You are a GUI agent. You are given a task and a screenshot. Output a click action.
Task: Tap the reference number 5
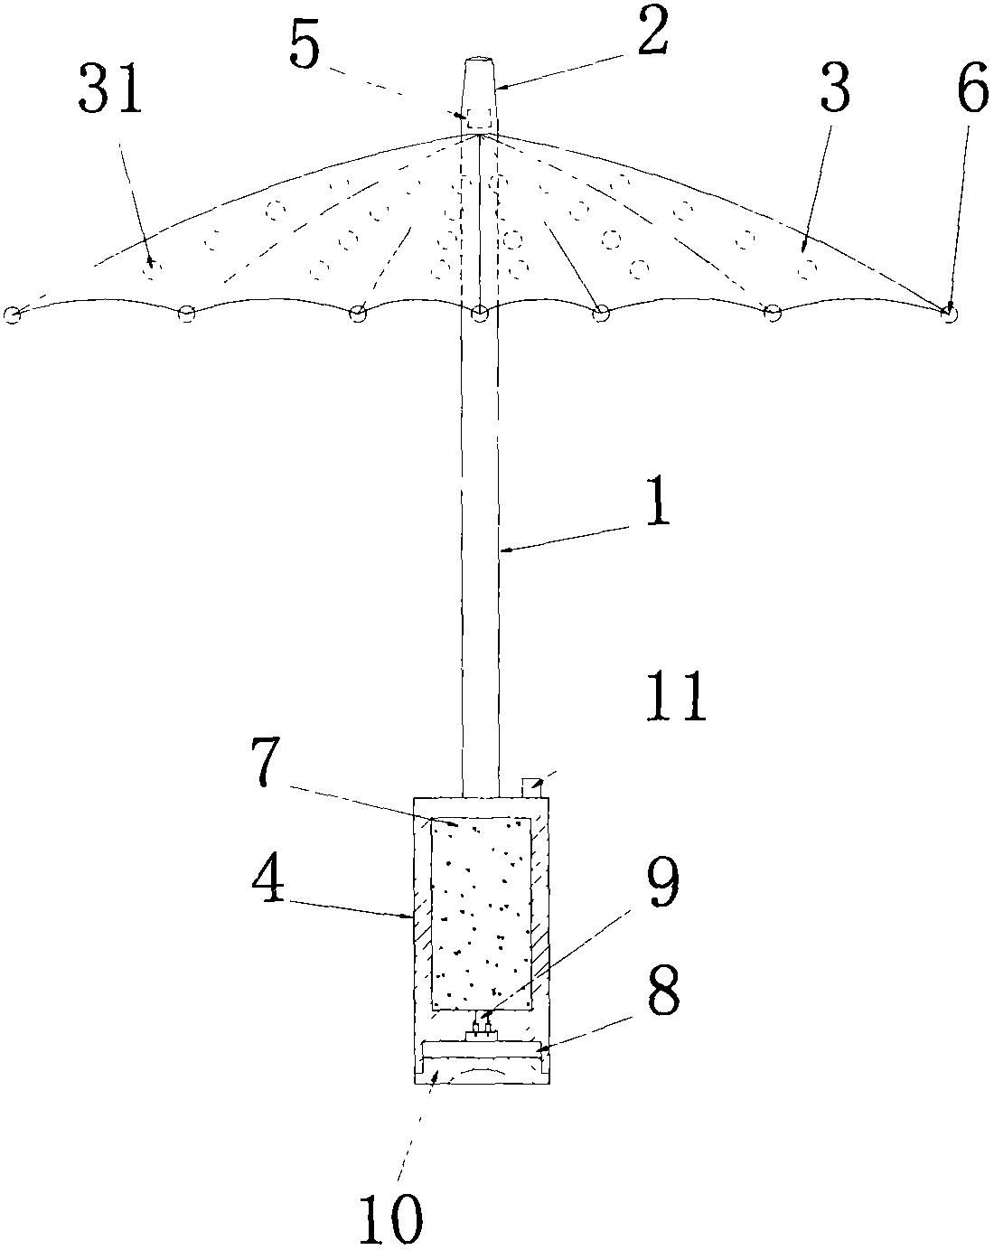[305, 47]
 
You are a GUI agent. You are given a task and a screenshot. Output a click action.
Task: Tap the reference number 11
[675, 699]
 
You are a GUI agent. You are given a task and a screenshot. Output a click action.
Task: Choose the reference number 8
[661, 992]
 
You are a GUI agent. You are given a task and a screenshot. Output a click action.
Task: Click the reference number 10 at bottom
[390, 1220]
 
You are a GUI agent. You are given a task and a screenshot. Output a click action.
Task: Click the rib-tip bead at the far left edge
[13, 315]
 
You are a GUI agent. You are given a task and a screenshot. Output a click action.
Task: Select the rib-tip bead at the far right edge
[949, 313]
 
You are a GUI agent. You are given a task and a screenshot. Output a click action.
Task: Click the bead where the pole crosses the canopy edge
[480, 314]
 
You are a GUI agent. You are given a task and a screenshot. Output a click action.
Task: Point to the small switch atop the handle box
[531, 785]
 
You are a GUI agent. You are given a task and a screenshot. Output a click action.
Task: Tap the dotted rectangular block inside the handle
[481, 913]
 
